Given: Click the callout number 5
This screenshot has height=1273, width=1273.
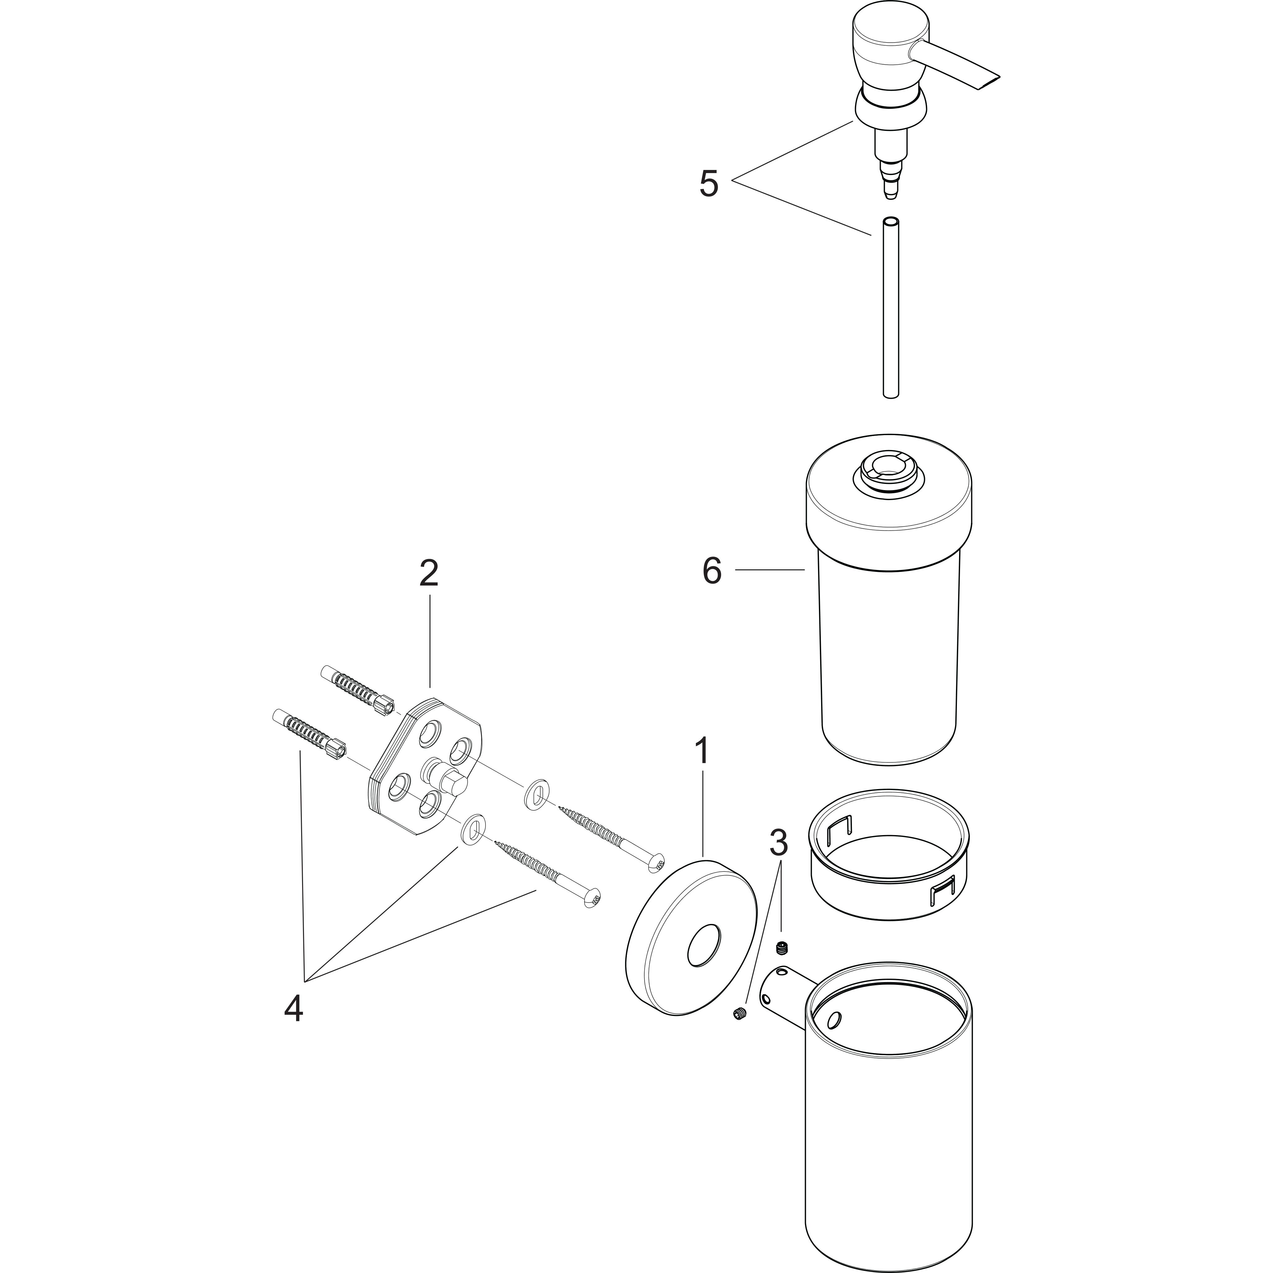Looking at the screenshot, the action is [709, 184].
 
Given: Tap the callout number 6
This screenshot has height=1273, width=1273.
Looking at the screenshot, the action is [712, 571].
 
